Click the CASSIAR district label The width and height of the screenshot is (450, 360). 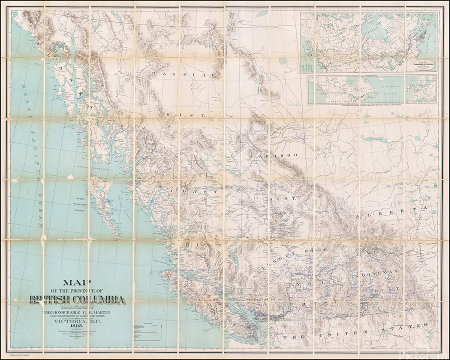[x=187, y=73]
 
